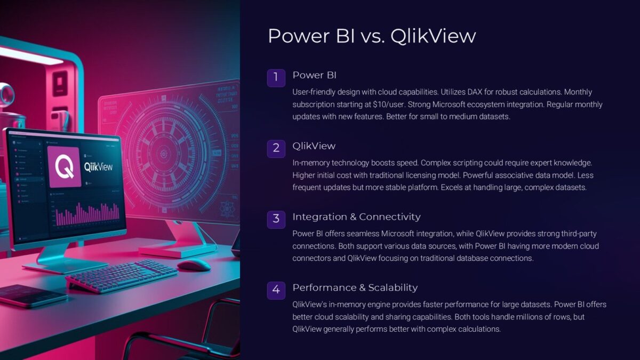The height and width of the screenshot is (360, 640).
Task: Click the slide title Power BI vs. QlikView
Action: pos(371,36)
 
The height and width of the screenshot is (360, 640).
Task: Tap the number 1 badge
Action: pos(276,77)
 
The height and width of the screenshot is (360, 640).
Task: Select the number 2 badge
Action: pos(276,148)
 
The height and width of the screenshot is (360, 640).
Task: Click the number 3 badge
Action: pos(276,219)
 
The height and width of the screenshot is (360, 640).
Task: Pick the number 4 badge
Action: pos(276,290)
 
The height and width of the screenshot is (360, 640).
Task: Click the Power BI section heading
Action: pos(314,75)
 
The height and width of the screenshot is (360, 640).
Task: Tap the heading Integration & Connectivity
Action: pos(356,217)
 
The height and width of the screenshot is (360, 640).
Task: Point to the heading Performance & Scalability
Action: pos(355,287)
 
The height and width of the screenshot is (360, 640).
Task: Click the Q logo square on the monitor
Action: pos(64,166)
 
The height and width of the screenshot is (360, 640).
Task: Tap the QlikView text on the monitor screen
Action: pos(98,166)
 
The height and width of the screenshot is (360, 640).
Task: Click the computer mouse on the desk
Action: pos(193,265)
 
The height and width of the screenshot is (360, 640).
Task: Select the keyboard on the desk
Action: pos(122,276)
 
